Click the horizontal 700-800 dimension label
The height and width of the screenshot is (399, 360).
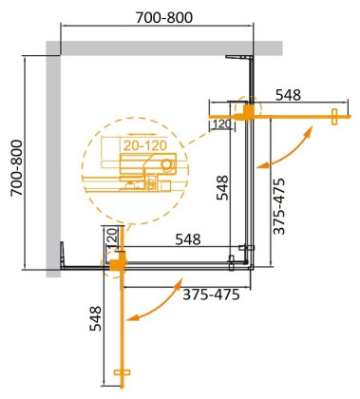pos(157,19)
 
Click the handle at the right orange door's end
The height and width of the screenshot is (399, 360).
pos(333,117)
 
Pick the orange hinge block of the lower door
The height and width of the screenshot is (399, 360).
pos(117,260)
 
